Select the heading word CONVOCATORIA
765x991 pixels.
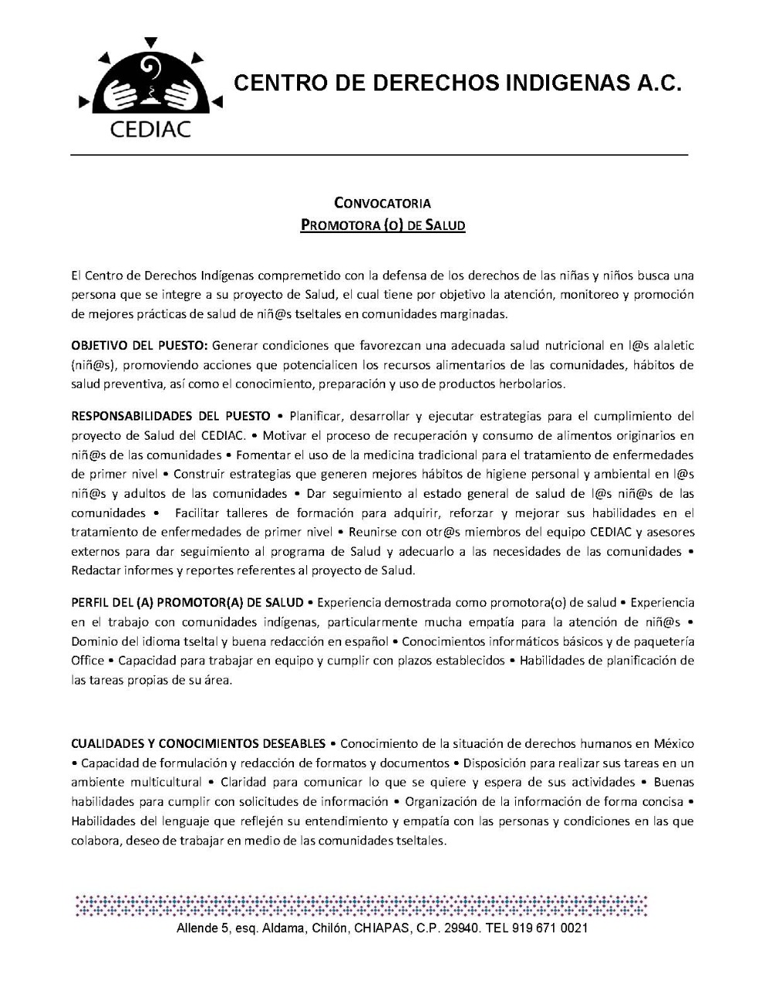[x=382, y=204]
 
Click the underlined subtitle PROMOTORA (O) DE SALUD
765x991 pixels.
[x=382, y=226]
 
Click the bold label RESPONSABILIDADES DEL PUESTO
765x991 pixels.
[x=171, y=416]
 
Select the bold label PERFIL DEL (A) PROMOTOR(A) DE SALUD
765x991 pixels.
[x=187, y=602]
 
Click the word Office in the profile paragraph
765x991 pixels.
[x=87, y=660]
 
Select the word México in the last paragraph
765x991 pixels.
[x=674, y=743]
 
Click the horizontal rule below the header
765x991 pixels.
[x=379, y=156]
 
